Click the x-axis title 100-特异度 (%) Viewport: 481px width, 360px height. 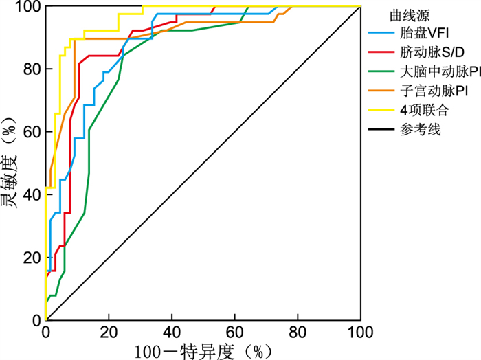coord(199,350)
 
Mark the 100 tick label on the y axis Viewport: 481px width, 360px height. coord(28,7)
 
